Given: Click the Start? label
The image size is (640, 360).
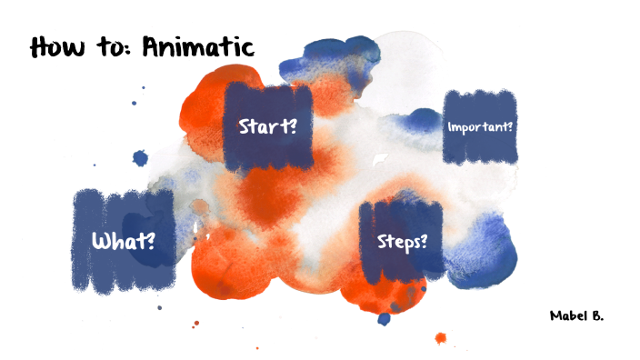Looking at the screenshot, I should point(268,125).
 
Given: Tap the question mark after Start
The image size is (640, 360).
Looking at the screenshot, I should point(294,125).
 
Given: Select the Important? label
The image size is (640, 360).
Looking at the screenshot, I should point(480,126).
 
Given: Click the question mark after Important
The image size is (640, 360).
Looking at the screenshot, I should point(511,126).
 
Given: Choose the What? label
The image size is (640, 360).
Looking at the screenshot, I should point(123,242).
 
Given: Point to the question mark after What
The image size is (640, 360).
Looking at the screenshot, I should point(149,242).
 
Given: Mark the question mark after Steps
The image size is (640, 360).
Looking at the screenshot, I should point(425,242).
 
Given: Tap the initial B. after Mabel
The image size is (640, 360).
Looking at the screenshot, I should point(596,315).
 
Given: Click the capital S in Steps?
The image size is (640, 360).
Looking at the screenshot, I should point(383,242).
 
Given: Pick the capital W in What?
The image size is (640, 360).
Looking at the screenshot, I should point(103,242).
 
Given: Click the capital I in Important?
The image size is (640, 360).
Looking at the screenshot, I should point(449,126).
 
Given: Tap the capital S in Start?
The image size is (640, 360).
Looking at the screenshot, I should point(244,125).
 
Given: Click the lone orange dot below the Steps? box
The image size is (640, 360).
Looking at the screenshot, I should point(441,338).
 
